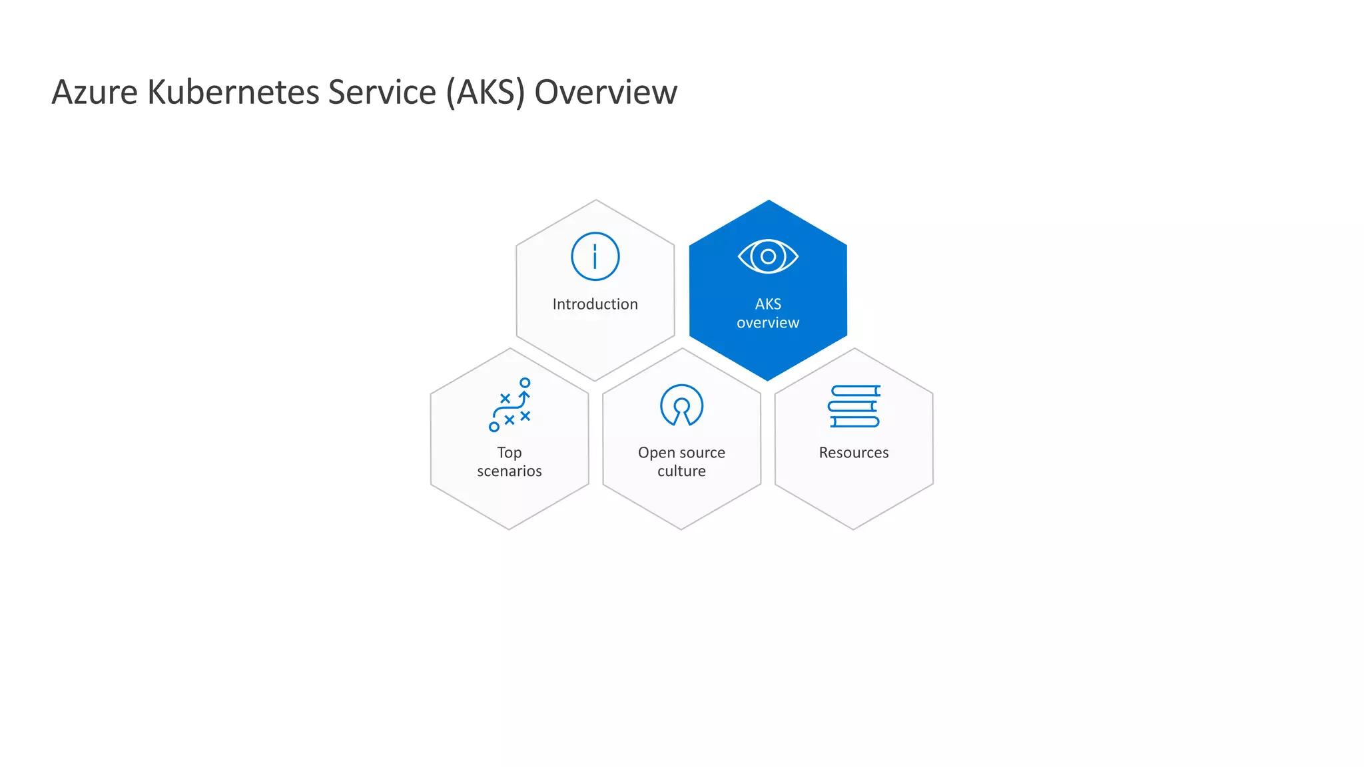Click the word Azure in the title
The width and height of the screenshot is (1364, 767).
(95, 92)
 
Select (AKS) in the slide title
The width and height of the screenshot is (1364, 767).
(486, 92)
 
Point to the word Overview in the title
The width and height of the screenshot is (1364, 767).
(605, 92)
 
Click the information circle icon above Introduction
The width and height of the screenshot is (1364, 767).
(595, 256)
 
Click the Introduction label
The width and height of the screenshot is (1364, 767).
(595, 304)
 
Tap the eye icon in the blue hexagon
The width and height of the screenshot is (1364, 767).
(768, 256)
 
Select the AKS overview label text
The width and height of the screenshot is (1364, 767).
(768, 314)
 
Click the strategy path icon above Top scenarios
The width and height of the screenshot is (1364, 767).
(510, 405)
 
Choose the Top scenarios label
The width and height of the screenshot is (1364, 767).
(510, 461)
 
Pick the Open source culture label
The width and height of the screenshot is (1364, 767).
(681, 461)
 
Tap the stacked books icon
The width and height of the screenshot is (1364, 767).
(854, 405)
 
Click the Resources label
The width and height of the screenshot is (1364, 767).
(854, 453)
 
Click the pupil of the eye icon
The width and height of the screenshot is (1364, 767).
(768, 256)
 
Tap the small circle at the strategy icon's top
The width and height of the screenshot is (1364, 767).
(525, 383)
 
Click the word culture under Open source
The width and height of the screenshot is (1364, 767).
(681, 471)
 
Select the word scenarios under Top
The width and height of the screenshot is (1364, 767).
(510, 471)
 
